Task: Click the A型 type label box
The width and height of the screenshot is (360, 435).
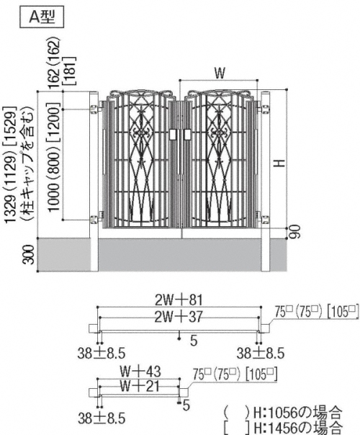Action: (x=42, y=17)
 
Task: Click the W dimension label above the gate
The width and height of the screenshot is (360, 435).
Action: (x=220, y=73)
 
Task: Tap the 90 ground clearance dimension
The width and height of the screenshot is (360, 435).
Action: (x=296, y=232)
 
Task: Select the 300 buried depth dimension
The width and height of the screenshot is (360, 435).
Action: (x=30, y=255)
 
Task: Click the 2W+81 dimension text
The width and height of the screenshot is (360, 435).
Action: (x=179, y=300)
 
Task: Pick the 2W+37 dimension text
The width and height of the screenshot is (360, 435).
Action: (x=179, y=317)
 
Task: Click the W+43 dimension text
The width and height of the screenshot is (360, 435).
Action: (x=140, y=371)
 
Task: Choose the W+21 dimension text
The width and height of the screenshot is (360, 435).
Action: (x=140, y=385)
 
